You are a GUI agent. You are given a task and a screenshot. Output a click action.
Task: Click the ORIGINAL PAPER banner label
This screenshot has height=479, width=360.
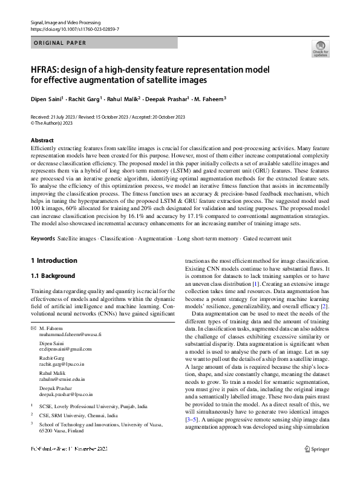(60, 43)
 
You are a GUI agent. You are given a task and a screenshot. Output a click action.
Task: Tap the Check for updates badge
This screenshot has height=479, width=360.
(320, 48)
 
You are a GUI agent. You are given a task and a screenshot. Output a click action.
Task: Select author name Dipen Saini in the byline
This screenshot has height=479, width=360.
(45, 98)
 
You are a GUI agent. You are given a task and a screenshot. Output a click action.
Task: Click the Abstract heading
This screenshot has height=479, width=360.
(42, 140)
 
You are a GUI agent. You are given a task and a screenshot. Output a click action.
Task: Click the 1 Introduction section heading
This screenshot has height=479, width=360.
(54, 260)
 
